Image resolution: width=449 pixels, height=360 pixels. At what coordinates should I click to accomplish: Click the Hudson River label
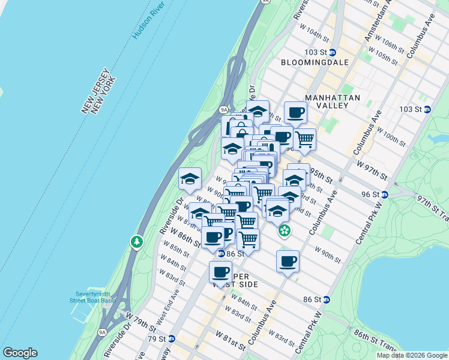[x=145, y=22]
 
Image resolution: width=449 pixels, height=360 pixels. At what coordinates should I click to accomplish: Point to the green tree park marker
[x=137, y=242]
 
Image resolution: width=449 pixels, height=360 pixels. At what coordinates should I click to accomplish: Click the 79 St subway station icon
[x=172, y=338]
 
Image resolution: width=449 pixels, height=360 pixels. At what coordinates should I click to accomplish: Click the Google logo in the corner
[x=20, y=352]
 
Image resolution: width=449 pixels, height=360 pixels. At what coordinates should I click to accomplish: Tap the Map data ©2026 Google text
[x=411, y=355]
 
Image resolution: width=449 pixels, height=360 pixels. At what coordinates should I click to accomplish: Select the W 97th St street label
[x=370, y=168]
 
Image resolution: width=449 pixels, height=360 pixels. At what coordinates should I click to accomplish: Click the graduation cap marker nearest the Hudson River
[x=190, y=178]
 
